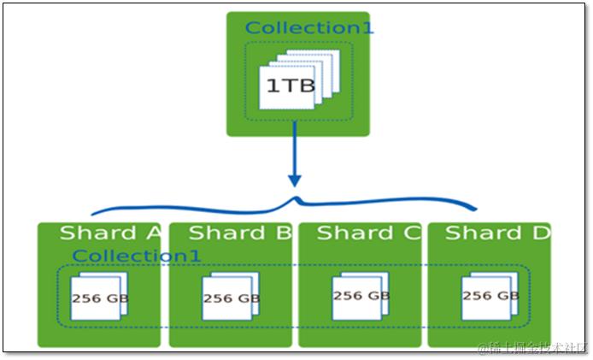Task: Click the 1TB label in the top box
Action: click(285, 86)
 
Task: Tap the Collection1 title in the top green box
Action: click(308, 28)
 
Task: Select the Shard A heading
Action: click(110, 233)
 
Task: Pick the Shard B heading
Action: click(239, 233)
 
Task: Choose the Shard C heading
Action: click(368, 233)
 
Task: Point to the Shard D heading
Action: click(496, 233)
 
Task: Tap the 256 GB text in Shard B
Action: click(232, 298)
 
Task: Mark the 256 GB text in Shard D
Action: click(490, 296)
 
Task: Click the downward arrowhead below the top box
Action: click(295, 180)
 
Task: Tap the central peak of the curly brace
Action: click(296, 199)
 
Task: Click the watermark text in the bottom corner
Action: click(532, 347)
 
